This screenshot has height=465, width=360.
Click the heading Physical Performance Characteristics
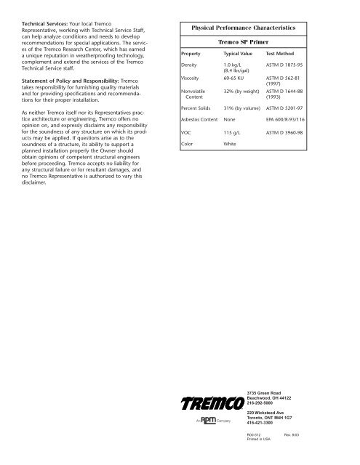coord(243,27)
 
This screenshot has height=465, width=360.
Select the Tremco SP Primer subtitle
coord(243,42)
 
